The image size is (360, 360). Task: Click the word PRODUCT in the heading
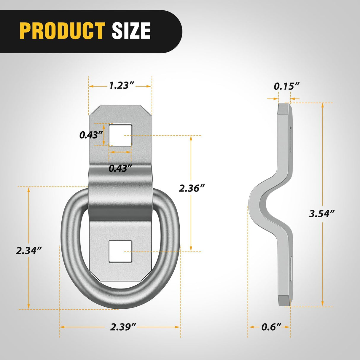pyautogui.click(x=62, y=31)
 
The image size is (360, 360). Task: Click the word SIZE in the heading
pyautogui.click(x=131, y=31)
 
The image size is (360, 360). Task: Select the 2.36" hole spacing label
pyautogui.click(x=192, y=188)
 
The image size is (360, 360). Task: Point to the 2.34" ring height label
pyautogui.click(x=28, y=251)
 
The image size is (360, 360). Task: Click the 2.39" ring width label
pyautogui.click(x=123, y=327)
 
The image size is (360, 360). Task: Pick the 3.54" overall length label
pyautogui.click(x=322, y=213)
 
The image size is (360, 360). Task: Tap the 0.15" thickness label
pyautogui.click(x=286, y=86)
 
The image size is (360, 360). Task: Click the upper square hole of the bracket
pyautogui.click(x=120, y=135)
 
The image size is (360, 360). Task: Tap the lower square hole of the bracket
pyautogui.click(x=120, y=251)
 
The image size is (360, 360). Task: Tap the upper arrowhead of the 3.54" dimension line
pyautogui.click(x=323, y=106)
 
